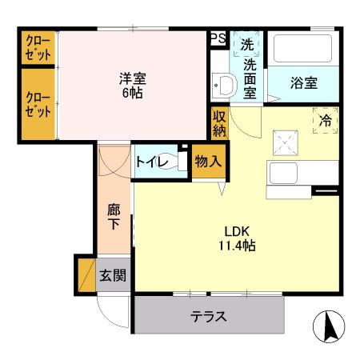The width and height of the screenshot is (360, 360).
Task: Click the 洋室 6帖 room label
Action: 133,86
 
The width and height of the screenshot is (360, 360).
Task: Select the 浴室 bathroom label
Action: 303,83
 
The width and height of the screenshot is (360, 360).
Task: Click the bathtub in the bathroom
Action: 302,50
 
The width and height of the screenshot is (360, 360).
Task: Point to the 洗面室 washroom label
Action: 250,78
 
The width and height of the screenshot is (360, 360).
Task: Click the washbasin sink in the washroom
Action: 222,85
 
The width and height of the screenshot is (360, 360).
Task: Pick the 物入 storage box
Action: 207,162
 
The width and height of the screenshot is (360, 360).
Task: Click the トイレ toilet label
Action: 150,162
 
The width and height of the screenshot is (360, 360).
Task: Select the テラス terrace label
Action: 208,316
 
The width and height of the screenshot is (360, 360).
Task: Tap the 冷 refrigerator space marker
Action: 326,121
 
